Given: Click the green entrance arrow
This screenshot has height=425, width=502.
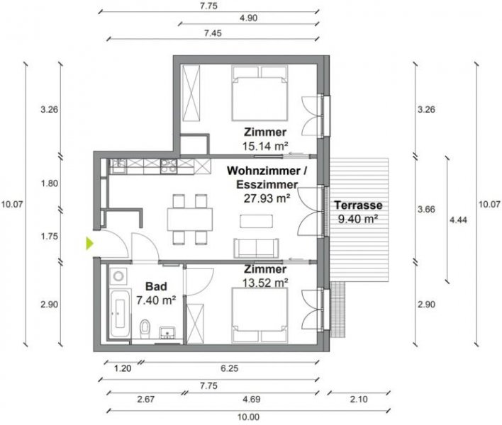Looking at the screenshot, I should [89, 244].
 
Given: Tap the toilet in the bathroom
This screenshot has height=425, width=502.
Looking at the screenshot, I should [145, 328].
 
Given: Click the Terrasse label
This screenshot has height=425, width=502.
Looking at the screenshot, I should [359, 205].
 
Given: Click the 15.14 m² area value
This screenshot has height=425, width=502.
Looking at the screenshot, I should [264, 146].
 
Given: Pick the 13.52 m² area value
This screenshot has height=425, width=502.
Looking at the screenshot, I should [264, 283].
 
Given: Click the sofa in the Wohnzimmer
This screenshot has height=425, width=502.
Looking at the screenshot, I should [255, 248].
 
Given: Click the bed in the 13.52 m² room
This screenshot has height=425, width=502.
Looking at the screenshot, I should [258, 313].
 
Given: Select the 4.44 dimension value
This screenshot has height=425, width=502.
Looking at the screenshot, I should [457, 219].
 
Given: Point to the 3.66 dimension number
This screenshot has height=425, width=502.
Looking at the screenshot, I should [425, 209].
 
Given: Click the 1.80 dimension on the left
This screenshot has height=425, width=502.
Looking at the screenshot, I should [50, 183].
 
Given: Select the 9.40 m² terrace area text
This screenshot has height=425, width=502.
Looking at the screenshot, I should [359, 219].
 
